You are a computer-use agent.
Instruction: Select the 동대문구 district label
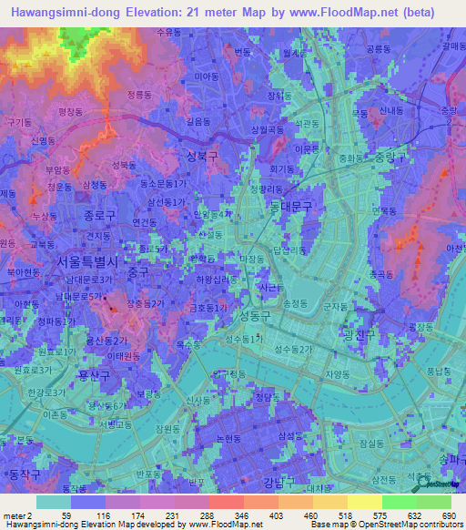click(x=291, y=208)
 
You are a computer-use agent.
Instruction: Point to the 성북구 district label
click(x=202, y=156)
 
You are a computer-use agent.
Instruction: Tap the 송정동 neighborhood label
click(x=297, y=302)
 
